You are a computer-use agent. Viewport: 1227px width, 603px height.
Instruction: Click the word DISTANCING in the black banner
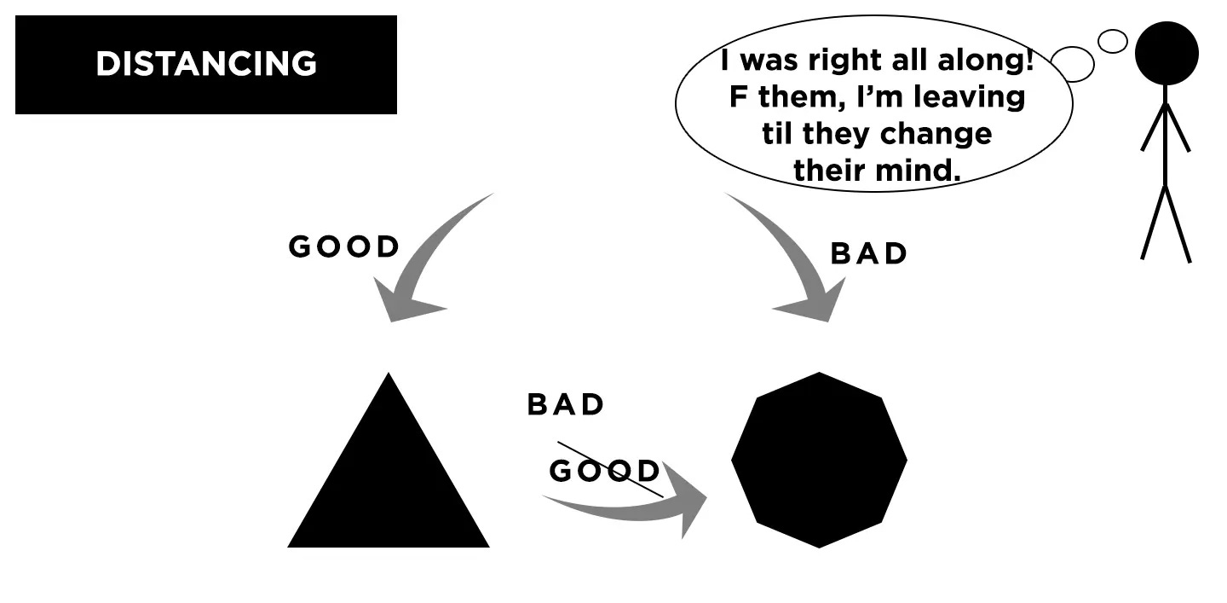205,64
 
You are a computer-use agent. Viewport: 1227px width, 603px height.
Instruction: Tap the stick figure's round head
1167,53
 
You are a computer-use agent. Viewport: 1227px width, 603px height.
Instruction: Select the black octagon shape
819,460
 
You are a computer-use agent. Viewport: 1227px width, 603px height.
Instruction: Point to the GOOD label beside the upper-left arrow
344,247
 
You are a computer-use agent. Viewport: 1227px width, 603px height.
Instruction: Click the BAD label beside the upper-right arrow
869,254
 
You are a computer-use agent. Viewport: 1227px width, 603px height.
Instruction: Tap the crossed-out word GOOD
604,471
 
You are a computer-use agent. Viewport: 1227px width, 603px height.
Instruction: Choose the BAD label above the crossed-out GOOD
566,404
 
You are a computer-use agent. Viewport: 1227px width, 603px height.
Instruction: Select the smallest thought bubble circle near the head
1112,40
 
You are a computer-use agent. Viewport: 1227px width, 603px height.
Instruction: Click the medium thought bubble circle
1073,64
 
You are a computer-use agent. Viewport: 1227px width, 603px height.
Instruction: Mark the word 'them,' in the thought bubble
798,97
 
